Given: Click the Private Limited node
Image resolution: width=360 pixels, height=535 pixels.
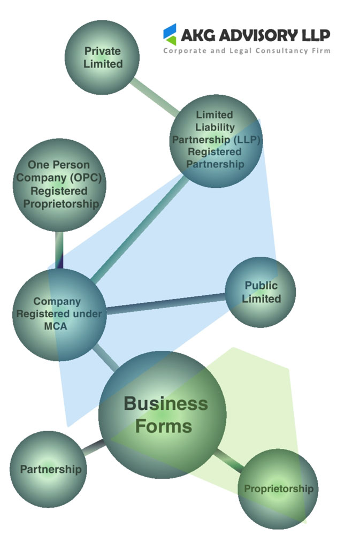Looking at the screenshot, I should tap(102, 57).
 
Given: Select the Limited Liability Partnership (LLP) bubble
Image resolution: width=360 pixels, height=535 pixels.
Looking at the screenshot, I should tap(216, 140).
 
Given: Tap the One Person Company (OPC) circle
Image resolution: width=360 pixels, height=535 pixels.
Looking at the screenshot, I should tap(59, 185).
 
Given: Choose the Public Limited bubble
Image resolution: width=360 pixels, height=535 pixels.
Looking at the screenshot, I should tap(261, 292).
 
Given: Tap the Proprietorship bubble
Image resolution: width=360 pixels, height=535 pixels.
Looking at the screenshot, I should tap(278, 488).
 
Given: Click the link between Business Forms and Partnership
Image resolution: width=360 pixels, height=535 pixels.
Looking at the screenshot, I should tap(94, 447).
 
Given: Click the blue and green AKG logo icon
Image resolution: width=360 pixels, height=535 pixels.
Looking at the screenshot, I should tap(170, 34).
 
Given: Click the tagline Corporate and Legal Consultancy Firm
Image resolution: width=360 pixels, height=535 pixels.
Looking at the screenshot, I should tap(247, 51).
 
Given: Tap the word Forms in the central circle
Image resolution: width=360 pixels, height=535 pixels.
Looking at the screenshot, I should tap(163, 426).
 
